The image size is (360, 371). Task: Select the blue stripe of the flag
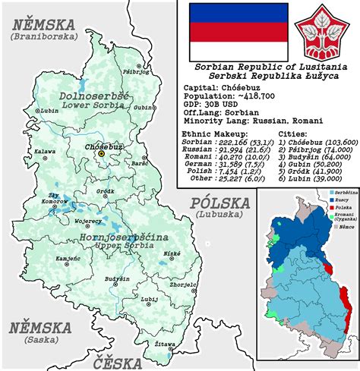[x=238, y=13]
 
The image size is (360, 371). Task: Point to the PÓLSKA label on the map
[x=219, y=203]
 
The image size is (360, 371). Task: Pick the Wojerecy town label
[x=88, y=222]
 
